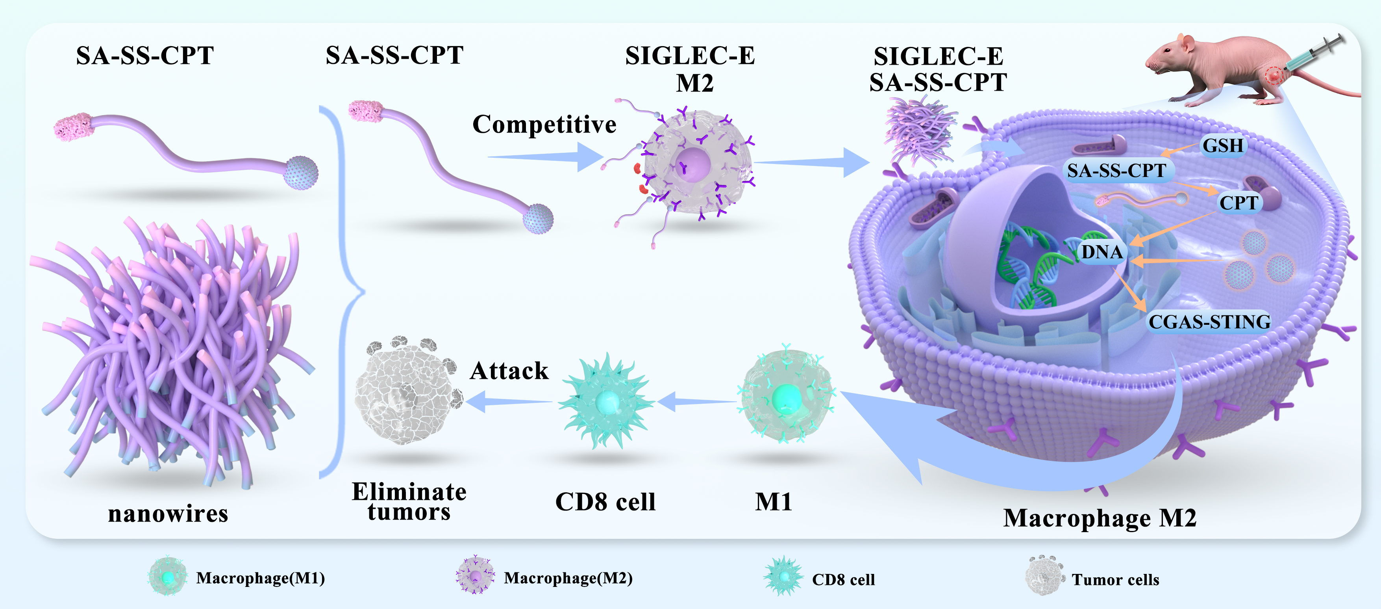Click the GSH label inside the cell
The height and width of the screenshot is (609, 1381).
[x=1222, y=145]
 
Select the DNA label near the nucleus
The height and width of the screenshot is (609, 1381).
[x=1102, y=251]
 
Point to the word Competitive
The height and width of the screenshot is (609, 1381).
[x=544, y=125]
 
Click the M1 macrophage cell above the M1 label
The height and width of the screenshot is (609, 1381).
[x=786, y=397]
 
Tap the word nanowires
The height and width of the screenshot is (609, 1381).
[x=168, y=514]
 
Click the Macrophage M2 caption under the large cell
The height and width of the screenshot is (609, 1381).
[x=1100, y=518]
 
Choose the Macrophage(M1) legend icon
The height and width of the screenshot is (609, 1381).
[x=168, y=577]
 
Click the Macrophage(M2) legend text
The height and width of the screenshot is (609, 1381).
[x=568, y=578]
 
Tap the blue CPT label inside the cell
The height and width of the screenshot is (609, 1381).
[x=1238, y=203]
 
